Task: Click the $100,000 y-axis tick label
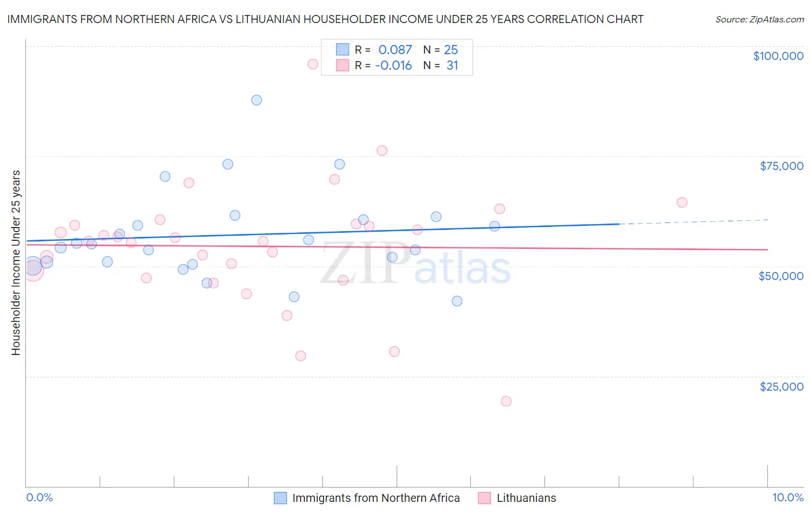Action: click(778, 56)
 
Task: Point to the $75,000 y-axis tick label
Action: click(782, 166)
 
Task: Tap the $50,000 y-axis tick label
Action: click(781, 276)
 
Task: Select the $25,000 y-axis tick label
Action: click(782, 387)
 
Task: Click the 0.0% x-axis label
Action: click(40, 497)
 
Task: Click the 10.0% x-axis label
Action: click(787, 497)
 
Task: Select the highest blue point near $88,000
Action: click(257, 100)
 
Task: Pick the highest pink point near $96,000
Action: click(313, 64)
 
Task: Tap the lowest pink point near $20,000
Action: click(506, 401)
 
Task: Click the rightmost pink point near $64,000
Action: click(682, 202)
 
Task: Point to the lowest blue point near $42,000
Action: click(457, 301)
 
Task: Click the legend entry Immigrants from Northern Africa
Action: click(376, 498)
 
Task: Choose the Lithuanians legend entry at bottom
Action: click(526, 498)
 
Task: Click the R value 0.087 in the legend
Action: click(395, 50)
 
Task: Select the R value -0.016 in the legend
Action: click(393, 66)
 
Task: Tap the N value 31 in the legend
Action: click(452, 66)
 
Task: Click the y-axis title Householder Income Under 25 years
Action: click(16, 262)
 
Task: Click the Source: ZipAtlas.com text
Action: click(759, 19)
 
